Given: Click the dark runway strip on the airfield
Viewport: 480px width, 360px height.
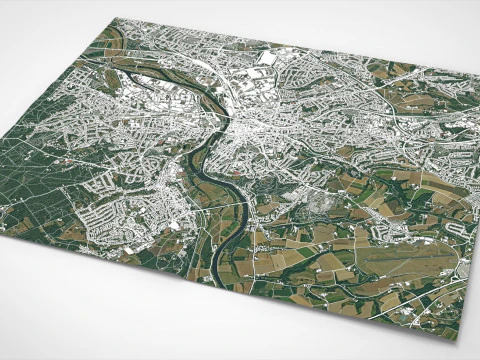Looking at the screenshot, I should [395, 262].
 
